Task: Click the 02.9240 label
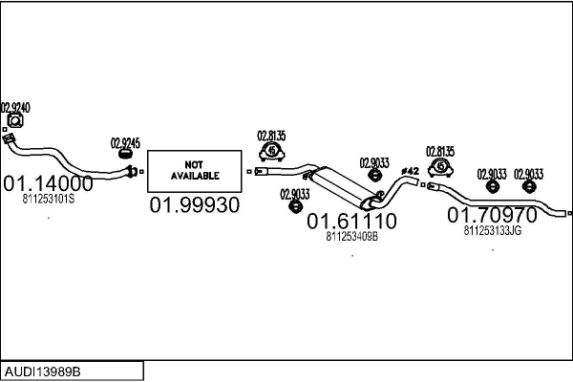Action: (15, 108)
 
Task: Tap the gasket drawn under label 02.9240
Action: (14, 122)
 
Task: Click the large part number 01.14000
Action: (48, 183)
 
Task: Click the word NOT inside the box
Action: (195, 164)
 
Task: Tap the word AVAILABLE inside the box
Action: (195, 176)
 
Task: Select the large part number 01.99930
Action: (194, 205)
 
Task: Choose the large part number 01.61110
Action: (351, 222)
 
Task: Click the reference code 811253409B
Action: (351, 238)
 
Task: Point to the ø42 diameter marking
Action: (410, 171)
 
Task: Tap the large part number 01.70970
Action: (493, 216)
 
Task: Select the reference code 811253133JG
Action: (493, 230)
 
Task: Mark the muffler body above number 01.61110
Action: (344, 185)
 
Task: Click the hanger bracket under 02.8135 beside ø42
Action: (441, 168)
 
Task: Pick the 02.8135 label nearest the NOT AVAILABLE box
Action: (271, 136)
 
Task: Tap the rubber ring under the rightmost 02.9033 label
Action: (529, 187)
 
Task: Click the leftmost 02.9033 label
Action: (295, 195)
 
